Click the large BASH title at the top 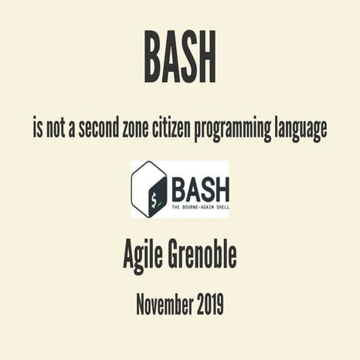[x=179, y=56]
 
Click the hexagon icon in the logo [x=149, y=189]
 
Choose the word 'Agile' [x=146, y=253]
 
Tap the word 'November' [x=165, y=304]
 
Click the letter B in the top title [x=152, y=56]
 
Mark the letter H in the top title [x=205, y=56]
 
